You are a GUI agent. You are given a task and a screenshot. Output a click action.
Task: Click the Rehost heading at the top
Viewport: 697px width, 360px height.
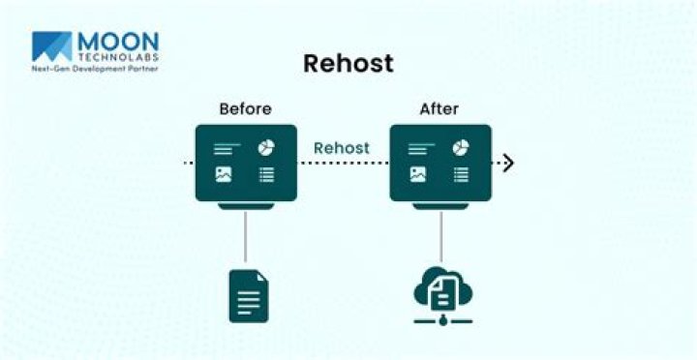tap(348, 64)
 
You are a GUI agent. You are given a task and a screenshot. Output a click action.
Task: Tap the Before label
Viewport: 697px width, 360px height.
tap(245, 108)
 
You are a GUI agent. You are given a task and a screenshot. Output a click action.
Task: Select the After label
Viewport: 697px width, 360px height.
tap(439, 108)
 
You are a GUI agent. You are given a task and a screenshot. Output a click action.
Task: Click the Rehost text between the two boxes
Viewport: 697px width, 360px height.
tap(342, 148)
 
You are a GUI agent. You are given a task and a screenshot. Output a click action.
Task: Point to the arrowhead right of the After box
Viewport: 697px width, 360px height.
tap(508, 163)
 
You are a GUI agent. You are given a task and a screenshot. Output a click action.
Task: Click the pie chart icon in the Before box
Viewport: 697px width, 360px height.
tap(266, 147)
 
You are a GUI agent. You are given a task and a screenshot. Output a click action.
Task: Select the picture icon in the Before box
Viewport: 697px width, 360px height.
tap(225, 175)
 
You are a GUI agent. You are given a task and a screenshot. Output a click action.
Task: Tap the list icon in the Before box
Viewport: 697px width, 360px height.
tap(266, 175)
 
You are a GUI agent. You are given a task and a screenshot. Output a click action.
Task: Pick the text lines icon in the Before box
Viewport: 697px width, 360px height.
tap(226, 149)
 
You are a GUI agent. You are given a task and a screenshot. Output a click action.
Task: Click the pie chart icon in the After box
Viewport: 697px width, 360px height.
tap(461, 147)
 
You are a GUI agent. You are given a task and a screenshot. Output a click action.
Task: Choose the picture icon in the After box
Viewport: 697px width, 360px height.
tap(418, 175)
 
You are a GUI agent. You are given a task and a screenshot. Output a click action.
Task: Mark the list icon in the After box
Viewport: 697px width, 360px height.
tap(461, 175)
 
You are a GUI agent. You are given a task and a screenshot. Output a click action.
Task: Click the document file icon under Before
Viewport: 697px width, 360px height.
tap(248, 295)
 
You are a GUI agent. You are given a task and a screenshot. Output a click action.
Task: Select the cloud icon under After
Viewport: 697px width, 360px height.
tap(441, 286)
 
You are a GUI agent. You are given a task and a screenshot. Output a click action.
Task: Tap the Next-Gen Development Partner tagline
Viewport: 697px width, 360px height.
tap(95, 70)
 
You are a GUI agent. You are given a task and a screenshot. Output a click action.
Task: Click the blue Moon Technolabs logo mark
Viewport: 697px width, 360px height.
tap(52, 46)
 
